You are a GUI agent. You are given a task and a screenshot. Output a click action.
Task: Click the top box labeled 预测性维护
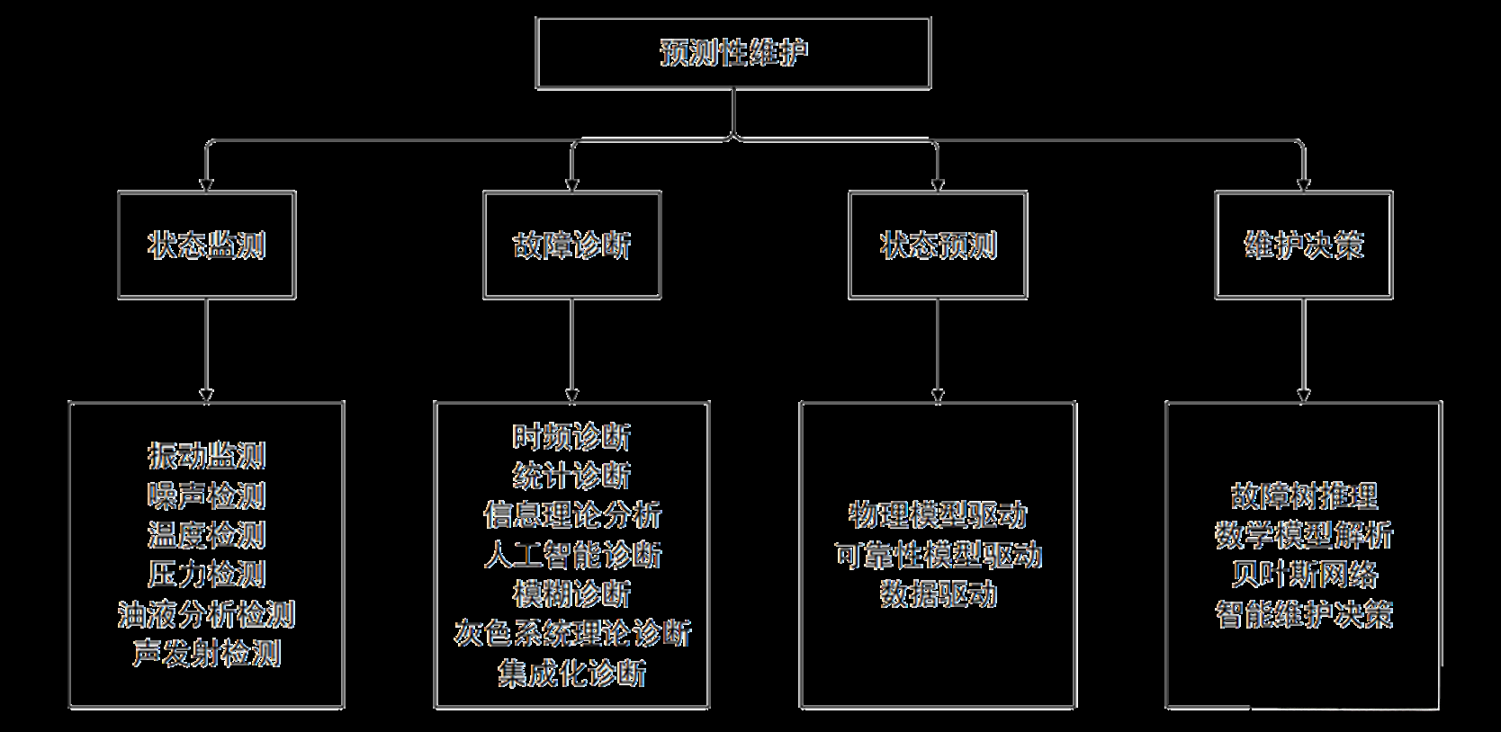733,52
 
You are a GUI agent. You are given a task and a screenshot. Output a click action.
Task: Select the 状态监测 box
207,245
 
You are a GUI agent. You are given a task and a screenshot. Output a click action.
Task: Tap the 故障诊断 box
572,245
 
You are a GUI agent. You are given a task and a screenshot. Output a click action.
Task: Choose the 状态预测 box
938,245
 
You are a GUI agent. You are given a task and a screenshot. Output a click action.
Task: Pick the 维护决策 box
1304,245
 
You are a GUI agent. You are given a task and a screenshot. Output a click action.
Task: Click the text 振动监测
207,456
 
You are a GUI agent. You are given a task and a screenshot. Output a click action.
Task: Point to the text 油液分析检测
207,614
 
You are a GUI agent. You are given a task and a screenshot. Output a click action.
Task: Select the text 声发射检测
207,654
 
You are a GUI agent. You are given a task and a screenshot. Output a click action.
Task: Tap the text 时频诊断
572,437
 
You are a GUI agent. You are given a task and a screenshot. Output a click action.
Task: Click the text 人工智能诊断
572,555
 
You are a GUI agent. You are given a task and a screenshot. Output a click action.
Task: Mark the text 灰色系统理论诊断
572,633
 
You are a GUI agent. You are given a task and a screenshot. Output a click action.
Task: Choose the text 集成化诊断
572,673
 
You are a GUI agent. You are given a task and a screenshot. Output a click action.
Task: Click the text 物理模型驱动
938,515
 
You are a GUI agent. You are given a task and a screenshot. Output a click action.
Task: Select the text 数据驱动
938,594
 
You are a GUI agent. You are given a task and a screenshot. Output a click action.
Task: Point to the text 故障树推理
1304,495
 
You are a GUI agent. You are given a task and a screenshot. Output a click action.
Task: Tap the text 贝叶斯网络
1304,575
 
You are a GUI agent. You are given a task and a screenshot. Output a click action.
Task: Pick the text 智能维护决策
1304,614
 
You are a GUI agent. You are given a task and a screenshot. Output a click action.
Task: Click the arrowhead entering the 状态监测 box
207,184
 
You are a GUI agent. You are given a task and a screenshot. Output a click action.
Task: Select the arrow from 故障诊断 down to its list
572,351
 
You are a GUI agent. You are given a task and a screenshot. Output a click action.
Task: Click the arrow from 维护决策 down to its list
1304,351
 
